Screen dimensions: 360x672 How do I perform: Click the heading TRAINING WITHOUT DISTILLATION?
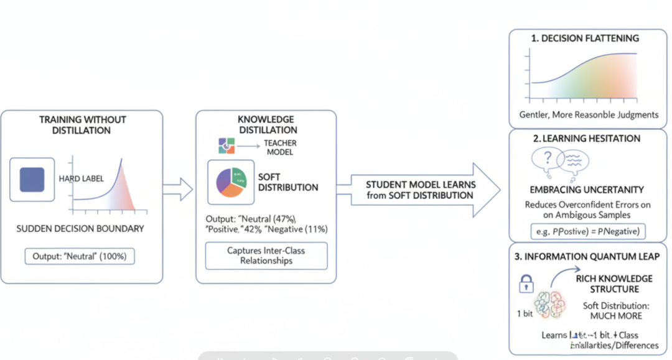pyautogui.click(x=82, y=125)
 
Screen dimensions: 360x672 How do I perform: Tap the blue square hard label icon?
pyautogui.click(x=32, y=179)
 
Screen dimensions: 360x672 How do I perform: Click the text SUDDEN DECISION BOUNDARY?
pyautogui.click(x=82, y=229)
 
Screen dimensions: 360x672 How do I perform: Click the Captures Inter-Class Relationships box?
pyautogui.click(x=266, y=256)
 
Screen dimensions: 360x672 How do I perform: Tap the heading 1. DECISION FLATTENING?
pyautogui.click(x=585, y=39)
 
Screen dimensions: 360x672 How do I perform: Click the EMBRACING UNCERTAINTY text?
pyautogui.click(x=587, y=190)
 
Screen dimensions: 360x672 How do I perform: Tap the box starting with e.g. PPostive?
pyautogui.click(x=587, y=232)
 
